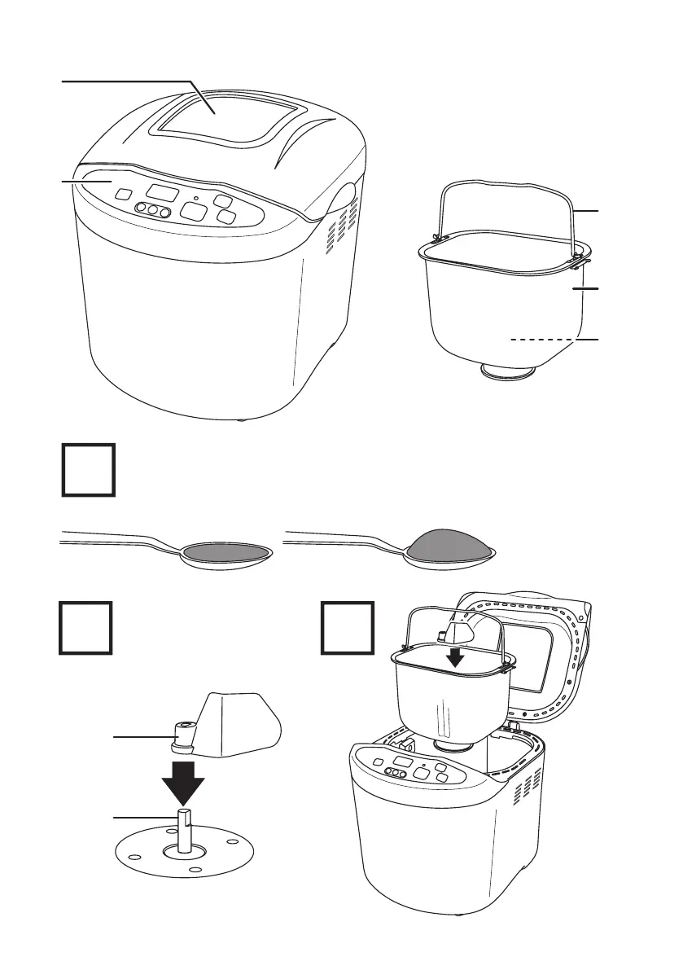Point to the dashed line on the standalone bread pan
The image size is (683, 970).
point(541,339)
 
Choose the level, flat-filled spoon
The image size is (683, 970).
point(225,553)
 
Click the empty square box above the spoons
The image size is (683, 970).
point(89,470)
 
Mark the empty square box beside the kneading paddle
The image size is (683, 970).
point(85,627)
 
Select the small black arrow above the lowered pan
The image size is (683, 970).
point(458,656)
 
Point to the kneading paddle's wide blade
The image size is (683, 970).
point(241,721)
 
